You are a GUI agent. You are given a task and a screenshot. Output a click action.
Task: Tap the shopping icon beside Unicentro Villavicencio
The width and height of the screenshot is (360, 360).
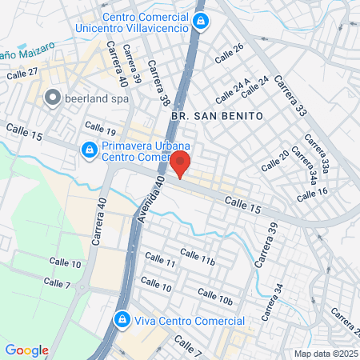(x=202, y=21)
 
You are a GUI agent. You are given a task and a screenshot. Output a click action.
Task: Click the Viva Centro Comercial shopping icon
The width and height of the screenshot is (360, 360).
(x=122, y=320)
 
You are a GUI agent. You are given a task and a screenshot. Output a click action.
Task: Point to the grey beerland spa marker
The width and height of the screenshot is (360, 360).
(x=54, y=98)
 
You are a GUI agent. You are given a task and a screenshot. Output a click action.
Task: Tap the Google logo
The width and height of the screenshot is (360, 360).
(x=26, y=350)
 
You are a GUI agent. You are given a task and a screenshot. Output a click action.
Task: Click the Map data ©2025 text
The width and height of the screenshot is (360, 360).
(x=326, y=354)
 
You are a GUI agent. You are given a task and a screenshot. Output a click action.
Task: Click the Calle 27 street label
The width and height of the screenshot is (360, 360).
(x=22, y=74)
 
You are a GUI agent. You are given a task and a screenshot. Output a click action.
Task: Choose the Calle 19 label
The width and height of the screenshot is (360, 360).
(x=100, y=128)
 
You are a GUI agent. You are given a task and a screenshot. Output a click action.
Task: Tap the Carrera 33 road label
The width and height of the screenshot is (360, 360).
(x=290, y=96)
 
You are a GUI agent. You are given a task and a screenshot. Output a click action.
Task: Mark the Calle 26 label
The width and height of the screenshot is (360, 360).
(x=229, y=54)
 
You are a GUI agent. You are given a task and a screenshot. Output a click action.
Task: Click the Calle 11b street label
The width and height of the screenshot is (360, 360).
(x=198, y=256)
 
